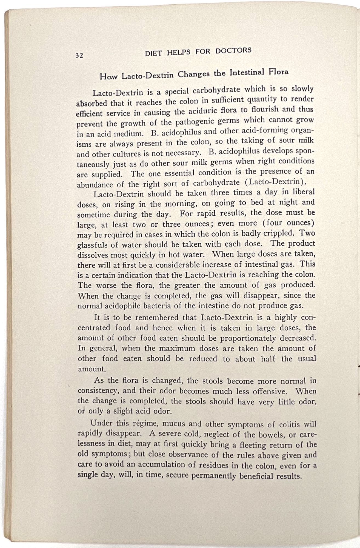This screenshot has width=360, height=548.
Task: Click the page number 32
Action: point(79,55)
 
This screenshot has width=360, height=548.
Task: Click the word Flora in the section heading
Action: point(278,72)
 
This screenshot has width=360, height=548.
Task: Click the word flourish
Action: point(266,110)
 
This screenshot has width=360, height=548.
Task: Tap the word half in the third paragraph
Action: point(268,359)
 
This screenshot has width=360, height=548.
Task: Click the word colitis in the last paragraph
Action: point(289,424)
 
